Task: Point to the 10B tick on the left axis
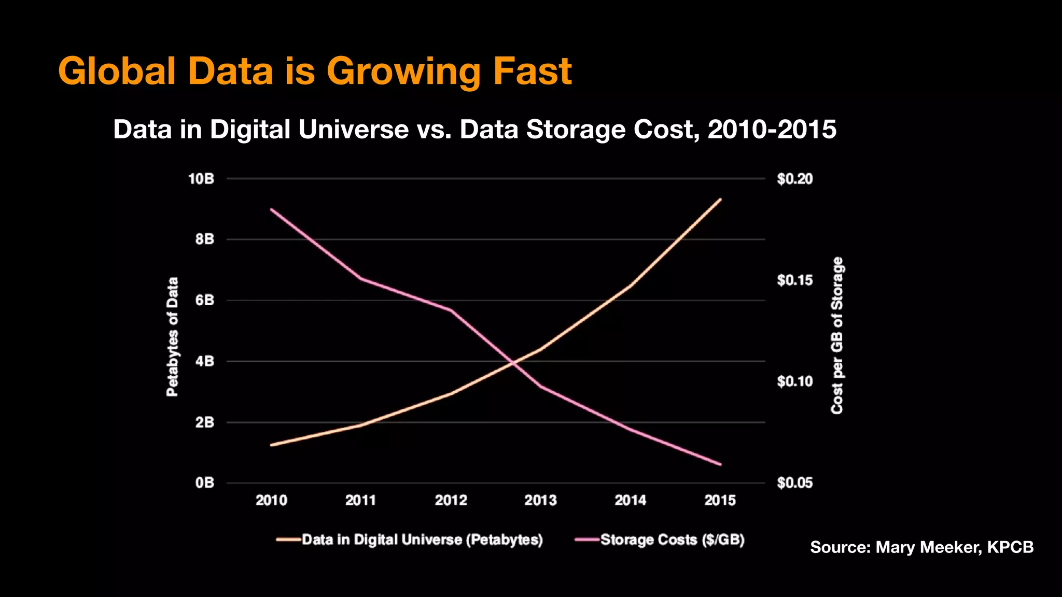(201, 179)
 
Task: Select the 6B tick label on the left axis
(204, 301)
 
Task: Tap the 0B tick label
(204, 483)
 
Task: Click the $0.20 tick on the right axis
(794, 179)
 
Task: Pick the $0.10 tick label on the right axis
(794, 382)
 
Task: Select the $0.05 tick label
(794, 483)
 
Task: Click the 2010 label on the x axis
(271, 500)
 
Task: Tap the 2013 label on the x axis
(540, 500)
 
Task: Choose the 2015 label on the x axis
(720, 500)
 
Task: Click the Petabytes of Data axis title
(172, 337)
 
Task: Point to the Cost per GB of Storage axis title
(837, 336)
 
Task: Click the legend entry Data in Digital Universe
(422, 540)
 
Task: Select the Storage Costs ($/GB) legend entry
(672, 540)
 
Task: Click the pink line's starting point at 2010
(271, 209)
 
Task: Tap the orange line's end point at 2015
(720, 199)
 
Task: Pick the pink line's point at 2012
(451, 310)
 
